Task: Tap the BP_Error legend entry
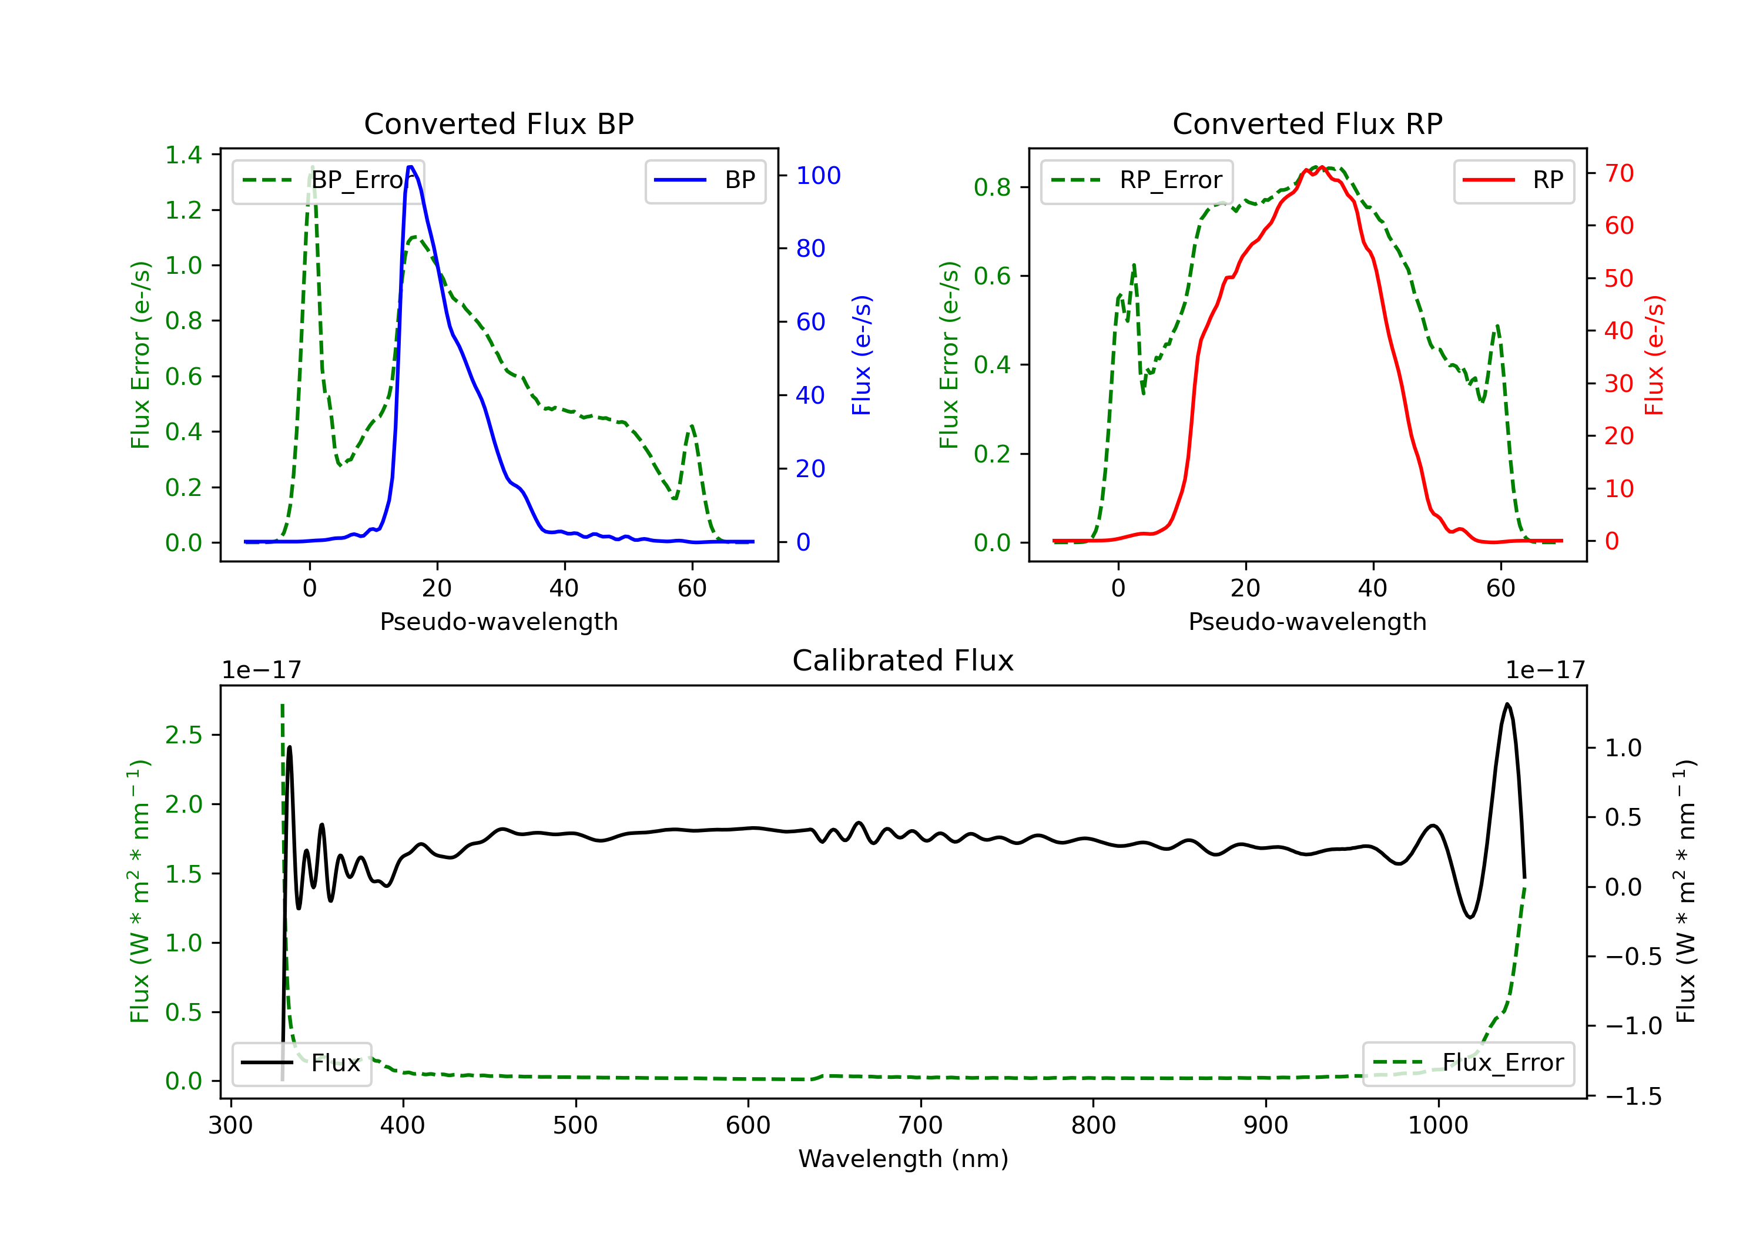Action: point(328,180)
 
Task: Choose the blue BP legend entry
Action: point(705,180)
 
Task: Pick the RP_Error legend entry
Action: point(1137,180)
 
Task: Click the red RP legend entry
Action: point(1513,180)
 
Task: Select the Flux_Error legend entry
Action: point(1468,1063)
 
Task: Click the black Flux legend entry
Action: point(302,1063)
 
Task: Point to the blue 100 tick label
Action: point(818,176)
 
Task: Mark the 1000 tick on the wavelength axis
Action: point(1437,1126)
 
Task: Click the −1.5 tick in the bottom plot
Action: point(1633,1096)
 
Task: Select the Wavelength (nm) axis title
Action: point(903,1159)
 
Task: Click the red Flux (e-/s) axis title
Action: point(1654,355)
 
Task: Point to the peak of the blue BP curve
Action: point(411,167)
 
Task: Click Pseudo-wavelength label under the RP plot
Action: point(1307,622)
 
